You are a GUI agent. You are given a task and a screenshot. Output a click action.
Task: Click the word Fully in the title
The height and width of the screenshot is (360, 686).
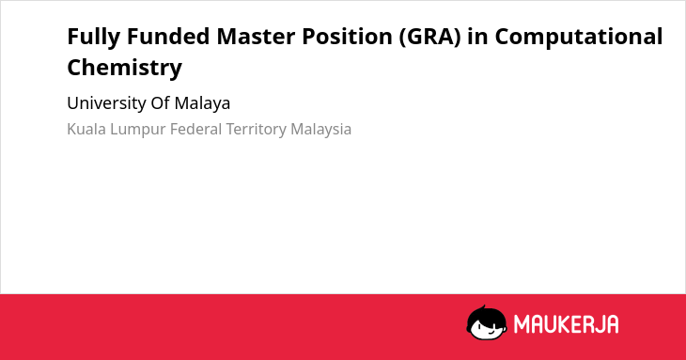tap(94, 38)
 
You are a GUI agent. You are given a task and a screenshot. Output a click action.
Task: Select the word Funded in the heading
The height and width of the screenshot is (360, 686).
tap(168, 36)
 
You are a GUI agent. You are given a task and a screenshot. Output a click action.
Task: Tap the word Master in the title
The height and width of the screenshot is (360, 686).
tap(256, 36)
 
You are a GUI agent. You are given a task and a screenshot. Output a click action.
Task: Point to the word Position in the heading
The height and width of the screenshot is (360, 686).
tap(347, 36)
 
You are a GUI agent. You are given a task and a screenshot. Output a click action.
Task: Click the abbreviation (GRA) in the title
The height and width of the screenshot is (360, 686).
tap(430, 37)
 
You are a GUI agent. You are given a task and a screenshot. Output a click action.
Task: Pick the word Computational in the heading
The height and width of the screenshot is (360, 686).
tap(579, 37)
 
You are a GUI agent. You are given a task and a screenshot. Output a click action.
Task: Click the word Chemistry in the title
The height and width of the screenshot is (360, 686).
tap(125, 68)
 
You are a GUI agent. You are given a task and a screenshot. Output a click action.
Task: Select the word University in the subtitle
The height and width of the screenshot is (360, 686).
tap(106, 104)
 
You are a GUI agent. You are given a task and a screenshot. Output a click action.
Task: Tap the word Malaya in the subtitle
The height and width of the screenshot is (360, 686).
tap(202, 104)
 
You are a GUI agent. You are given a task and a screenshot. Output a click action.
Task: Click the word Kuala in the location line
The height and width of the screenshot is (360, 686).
tap(86, 130)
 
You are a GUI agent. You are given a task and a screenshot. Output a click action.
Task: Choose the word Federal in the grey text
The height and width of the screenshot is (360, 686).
tap(195, 130)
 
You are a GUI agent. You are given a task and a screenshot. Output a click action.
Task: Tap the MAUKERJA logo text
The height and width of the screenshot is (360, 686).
tap(566, 324)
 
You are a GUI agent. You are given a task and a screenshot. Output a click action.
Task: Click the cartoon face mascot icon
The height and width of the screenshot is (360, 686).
tap(487, 323)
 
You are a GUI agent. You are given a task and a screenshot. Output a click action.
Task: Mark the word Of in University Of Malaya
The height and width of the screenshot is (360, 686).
tap(160, 103)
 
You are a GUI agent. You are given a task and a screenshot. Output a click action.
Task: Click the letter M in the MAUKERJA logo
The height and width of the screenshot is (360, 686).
tap(522, 324)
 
